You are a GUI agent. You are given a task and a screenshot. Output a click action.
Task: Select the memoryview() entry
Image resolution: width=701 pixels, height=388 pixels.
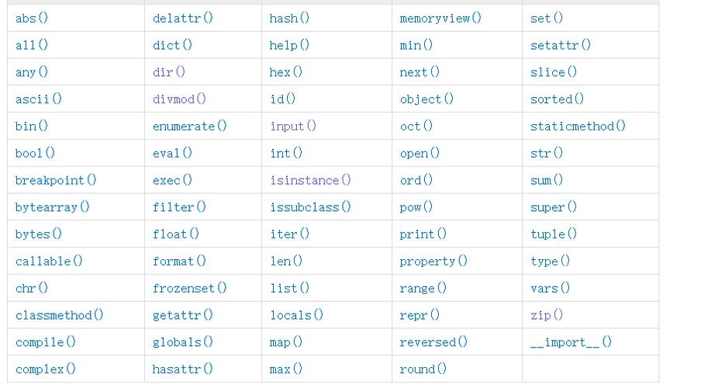point(440,18)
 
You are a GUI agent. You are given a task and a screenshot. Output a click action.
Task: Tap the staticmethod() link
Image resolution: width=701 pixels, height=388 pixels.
point(578,126)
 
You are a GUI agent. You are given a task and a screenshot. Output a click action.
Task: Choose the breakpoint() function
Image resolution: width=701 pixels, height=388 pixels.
point(56,180)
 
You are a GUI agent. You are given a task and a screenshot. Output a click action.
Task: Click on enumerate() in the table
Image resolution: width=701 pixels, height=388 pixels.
point(189,126)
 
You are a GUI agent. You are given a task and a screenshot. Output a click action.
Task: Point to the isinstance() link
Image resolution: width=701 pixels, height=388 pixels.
point(310,180)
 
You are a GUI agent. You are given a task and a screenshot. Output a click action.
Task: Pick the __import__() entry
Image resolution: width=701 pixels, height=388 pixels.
point(571,342)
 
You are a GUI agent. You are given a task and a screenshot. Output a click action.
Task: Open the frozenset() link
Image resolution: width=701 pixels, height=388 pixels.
point(189,288)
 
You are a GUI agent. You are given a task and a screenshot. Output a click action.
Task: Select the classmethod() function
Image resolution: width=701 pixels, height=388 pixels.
point(59,315)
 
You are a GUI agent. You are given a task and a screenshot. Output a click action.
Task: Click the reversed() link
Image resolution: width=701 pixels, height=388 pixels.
point(433,342)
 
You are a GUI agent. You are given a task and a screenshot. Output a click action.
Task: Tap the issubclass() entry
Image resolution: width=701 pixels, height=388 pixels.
point(310,207)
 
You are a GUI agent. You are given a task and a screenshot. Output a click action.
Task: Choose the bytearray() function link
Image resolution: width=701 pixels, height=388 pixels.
point(53,207)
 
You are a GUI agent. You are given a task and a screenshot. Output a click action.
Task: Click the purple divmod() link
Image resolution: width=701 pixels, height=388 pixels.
point(179,99)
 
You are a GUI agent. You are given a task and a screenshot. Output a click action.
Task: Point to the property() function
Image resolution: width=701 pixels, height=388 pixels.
point(433,262)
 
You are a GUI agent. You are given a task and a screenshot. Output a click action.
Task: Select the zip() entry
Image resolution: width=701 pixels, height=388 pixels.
point(547,315)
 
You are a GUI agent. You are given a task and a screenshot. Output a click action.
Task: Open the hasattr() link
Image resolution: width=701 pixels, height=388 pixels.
point(182,369)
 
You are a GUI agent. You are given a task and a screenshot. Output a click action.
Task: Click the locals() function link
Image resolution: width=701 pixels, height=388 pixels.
point(296,315)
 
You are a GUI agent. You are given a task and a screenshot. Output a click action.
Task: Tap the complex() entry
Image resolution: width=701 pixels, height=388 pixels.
point(46,369)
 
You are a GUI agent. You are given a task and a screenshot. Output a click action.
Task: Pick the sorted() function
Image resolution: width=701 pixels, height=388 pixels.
point(557,99)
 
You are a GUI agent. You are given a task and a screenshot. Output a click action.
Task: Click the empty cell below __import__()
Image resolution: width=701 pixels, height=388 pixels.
point(589,369)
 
